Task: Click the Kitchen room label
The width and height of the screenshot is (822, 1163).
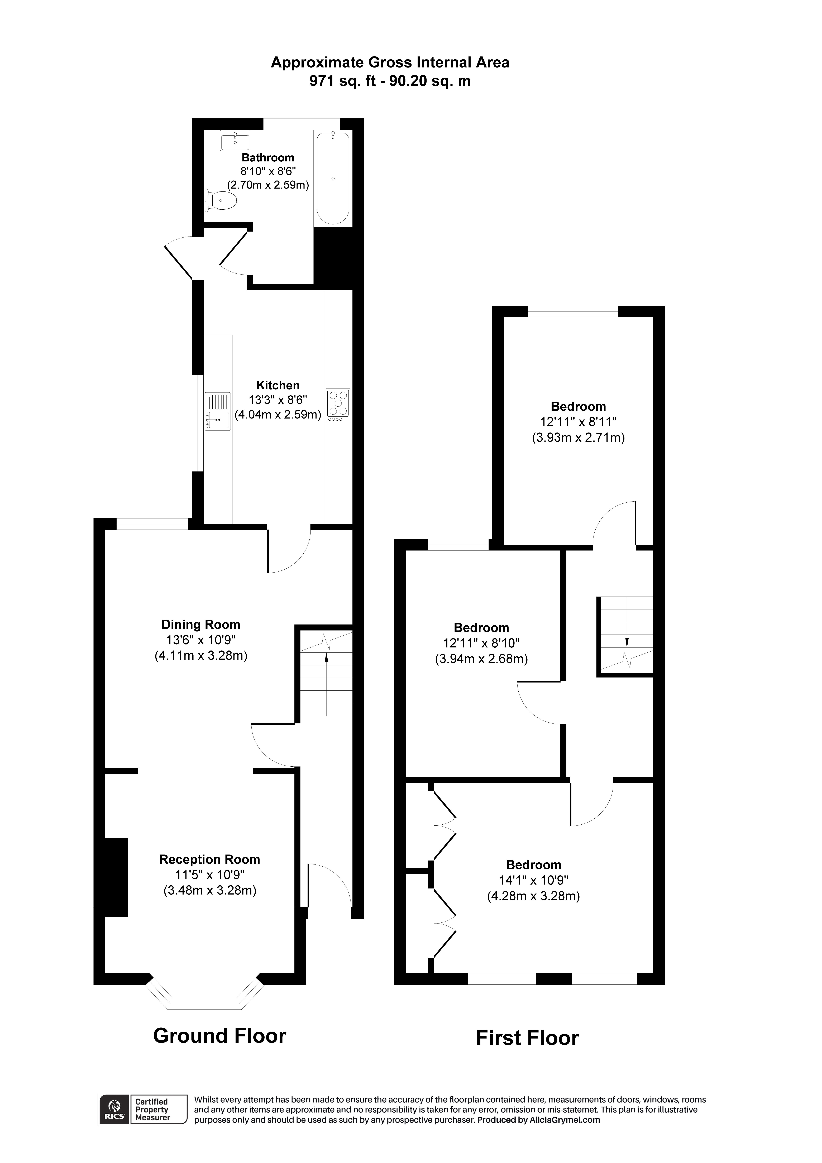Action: pos(278,385)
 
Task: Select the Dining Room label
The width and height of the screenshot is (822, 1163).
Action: pos(201,624)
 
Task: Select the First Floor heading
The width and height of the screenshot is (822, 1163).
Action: pos(527,1038)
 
